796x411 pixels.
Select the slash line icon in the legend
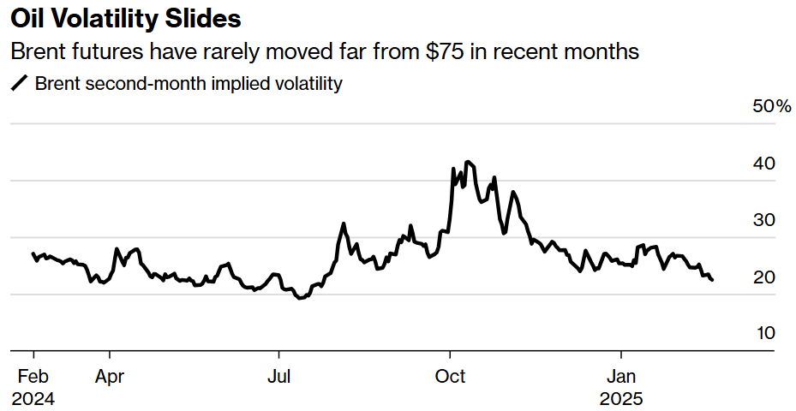pos(20,84)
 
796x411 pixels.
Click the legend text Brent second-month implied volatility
pos(189,84)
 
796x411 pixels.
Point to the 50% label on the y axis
pos(772,106)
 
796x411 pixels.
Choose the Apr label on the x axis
pos(111,377)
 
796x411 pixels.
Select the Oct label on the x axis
pos(450,377)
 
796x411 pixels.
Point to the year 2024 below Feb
pos(33,399)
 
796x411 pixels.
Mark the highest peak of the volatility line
pos(467,161)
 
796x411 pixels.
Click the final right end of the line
pos(713,279)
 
